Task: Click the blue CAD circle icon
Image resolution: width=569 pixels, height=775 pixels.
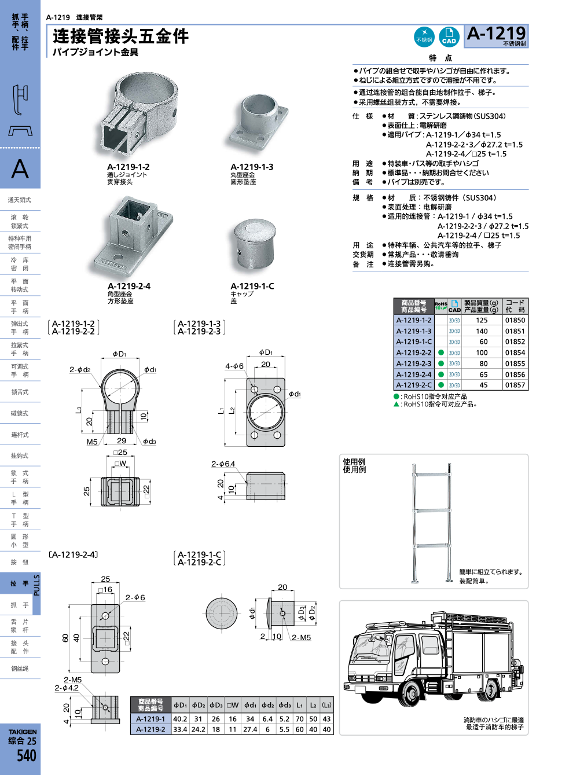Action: click(x=449, y=36)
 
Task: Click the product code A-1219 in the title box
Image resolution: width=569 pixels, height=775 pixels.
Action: click(x=496, y=34)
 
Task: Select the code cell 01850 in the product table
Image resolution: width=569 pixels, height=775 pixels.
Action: click(x=515, y=320)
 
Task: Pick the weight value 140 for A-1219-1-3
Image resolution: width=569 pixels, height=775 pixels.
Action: click(x=482, y=331)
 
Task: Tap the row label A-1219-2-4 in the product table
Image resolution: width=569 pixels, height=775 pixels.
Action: click(x=414, y=374)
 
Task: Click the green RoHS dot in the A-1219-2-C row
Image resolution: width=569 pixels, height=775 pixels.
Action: click(x=441, y=385)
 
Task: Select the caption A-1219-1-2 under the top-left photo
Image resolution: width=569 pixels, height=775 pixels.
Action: click(x=129, y=167)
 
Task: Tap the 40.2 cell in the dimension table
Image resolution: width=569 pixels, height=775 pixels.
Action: click(x=180, y=719)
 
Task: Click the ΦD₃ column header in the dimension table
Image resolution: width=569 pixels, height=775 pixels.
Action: click(x=216, y=705)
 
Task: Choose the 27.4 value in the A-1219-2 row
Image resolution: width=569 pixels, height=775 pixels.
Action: click(x=250, y=729)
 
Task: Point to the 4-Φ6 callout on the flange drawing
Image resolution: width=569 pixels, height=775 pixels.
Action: click(x=234, y=366)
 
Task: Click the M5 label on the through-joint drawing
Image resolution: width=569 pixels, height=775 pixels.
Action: click(x=92, y=442)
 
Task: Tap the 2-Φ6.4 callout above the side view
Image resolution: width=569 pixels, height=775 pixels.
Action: click(x=223, y=464)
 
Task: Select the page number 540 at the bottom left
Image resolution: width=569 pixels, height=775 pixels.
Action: click(x=26, y=756)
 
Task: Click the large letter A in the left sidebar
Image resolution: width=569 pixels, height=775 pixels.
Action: click(x=20, y=169)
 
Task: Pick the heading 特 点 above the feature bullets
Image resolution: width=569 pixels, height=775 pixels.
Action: click(x=440, y=58)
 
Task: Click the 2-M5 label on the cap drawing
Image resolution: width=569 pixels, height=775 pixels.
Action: click(x=301, y=637)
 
